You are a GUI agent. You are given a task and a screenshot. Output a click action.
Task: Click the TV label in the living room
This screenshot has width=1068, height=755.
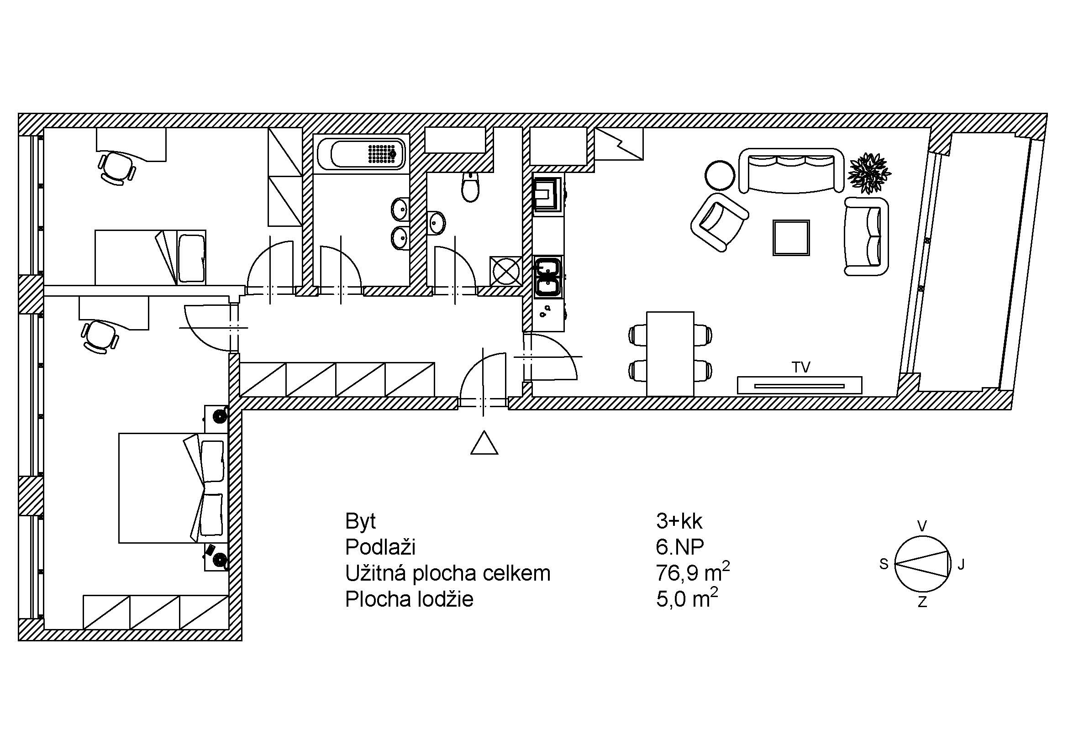point(801,367)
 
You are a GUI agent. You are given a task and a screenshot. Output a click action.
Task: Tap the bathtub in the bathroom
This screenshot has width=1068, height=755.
point(361,154)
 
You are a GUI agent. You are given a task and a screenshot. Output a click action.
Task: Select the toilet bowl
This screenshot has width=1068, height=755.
point(470,187)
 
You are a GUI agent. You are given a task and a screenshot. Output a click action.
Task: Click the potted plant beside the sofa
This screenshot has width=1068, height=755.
point(869,173)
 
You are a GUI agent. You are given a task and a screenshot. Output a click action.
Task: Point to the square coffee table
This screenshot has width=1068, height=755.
point(791,237)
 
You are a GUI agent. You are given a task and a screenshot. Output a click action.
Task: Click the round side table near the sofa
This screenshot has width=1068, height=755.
point(720,175)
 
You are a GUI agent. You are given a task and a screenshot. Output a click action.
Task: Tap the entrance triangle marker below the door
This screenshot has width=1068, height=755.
point(484,443)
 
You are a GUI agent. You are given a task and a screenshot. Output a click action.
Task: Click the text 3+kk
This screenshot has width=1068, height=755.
point(679,521)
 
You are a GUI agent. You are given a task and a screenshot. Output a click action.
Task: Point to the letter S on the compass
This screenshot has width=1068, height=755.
point(884,564)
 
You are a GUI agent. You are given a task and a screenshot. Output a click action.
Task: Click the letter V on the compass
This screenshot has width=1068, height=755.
point(922,526)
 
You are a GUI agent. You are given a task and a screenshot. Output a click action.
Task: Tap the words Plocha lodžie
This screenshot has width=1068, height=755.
point(409,599)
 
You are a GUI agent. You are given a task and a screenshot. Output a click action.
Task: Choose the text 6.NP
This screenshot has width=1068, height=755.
point(680,547)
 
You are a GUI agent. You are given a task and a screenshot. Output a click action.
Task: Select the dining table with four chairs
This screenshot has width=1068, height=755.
point(670,354)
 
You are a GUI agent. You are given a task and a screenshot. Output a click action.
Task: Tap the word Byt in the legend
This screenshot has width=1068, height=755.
point(361,522)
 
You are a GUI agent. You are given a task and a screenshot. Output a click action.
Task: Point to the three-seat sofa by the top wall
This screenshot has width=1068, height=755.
point(791,170)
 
